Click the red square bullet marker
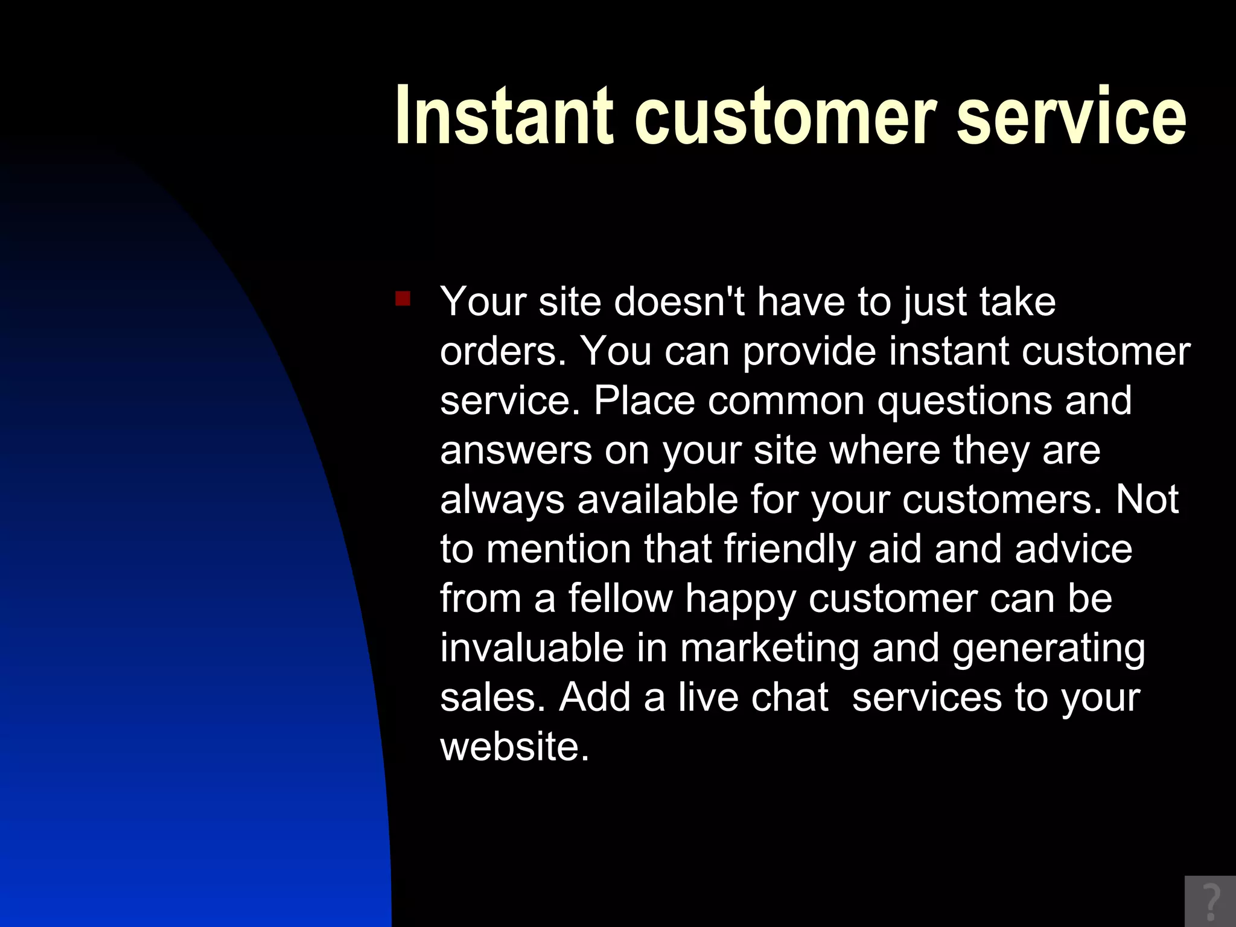coord(403,299)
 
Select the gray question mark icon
coord(1211,902)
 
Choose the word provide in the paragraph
coord(809,351)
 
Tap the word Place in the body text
coord(644,400)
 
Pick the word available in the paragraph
coord(657,499)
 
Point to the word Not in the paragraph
coord(1147,499)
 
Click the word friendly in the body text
coord(789,549)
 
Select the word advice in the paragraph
coord(1074,549)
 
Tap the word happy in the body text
coord(741,599)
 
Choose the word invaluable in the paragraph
coord(532,648)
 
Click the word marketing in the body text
coord(769,649)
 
